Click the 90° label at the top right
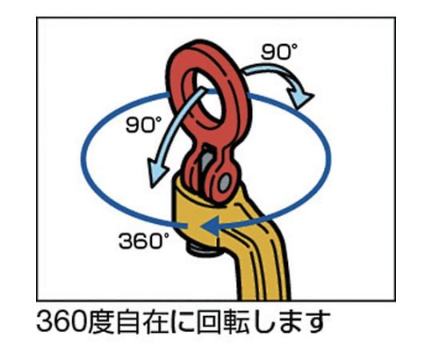coord(279,52)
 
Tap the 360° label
coord(143,241)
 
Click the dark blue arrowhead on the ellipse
coord(210,226)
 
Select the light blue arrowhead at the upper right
coord(299,98)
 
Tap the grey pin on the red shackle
coord(224,182)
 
